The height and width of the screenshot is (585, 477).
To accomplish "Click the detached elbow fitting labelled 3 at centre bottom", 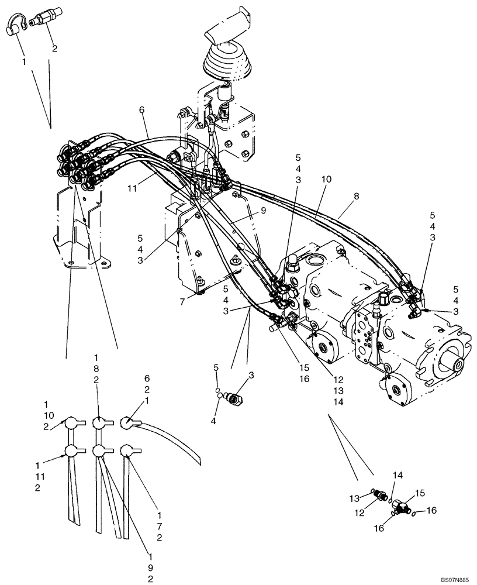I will click(x=237, y=400).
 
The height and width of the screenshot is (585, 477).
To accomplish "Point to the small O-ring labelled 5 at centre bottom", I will click(x=217, y=391).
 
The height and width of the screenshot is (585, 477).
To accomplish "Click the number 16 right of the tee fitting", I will click(x=431, y=510).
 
